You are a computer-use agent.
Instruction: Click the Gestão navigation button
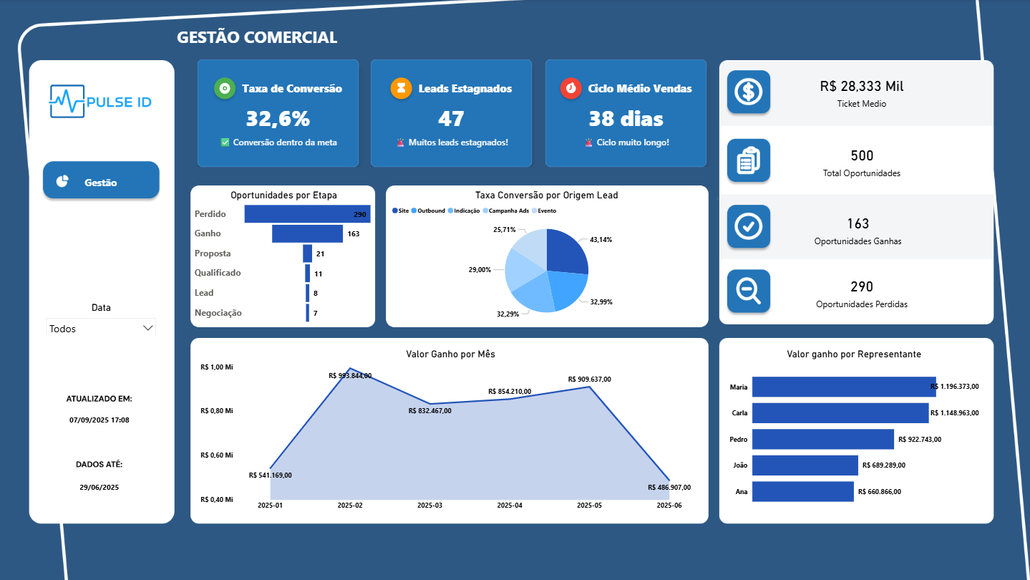tap(101, 182)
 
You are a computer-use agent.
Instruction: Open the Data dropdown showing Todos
tap(101, 328)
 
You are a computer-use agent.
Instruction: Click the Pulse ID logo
tap(101, 102)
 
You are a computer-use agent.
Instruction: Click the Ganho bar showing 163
tap(307, 233)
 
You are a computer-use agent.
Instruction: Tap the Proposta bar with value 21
tap(307, 253)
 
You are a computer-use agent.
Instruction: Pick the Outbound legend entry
tap(430, 211)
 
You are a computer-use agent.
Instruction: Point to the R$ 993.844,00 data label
tap(349, 375)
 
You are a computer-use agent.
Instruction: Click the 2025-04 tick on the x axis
tap(509, 506)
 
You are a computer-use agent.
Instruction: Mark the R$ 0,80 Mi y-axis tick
tap(217, 411)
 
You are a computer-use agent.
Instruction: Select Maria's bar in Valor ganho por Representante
tap(843, 387)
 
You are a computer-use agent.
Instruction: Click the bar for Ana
tap(802, 491)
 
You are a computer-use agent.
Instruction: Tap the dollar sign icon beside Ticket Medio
tap(749, 92)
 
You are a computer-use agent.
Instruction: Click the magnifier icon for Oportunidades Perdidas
tap(749, 291)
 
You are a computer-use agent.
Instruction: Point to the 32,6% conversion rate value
tap(278, 118)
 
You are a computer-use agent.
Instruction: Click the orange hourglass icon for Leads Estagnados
tap(401, 88)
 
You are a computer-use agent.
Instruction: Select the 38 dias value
tap(626, 118)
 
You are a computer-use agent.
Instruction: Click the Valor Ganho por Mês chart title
tap(450, 354)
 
